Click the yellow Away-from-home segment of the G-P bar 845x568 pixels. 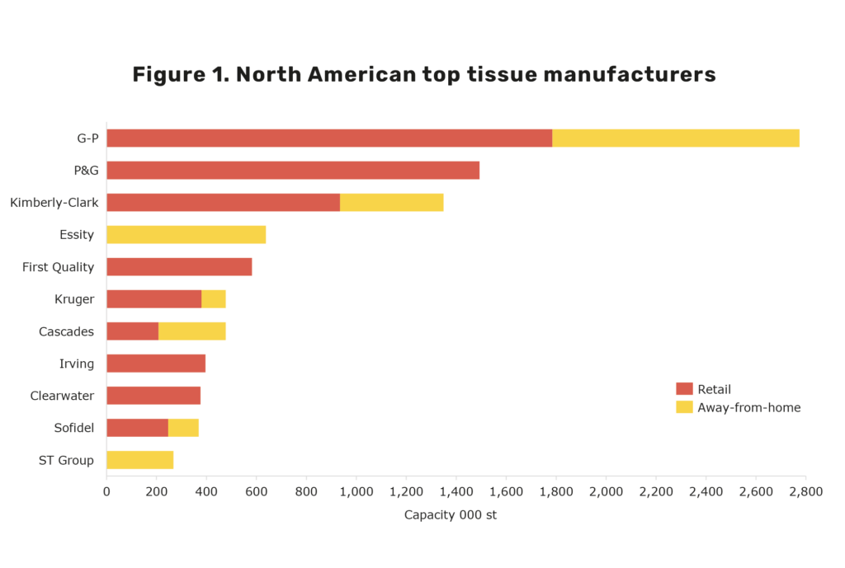pos(675,138)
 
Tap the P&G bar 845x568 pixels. pos(292,170)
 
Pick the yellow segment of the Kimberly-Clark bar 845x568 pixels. pos(391,202)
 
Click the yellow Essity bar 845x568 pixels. pos(186,234)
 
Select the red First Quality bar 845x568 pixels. pos(179,266)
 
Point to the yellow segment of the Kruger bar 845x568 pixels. pos(213,298)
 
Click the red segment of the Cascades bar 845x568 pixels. pos(132,331)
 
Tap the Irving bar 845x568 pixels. pos(156,363)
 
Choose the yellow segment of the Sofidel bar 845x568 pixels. pos(183,427)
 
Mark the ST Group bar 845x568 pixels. pos(139,459)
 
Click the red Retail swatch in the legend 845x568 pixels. pos(684,389)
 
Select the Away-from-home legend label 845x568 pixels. pos(748,407)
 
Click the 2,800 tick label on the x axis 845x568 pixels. pos(805,491)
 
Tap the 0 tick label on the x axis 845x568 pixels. pos(106,491)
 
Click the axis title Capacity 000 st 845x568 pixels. pos(451,514)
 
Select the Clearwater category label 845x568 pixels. pos(62,396)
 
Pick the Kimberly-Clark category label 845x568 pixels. pos(54,202)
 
